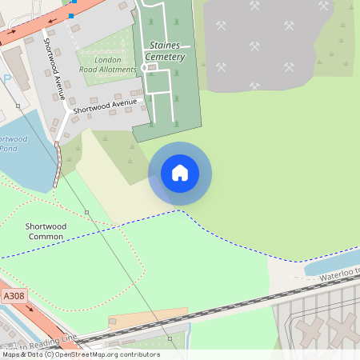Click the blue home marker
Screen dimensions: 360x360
[x=180, y=173]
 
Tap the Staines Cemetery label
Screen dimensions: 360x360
[x=166, y=52]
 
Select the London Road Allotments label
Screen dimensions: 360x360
[x=108, y=65]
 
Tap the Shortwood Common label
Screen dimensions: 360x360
[x=46, y=231]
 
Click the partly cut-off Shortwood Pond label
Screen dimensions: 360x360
[x=13, y=144]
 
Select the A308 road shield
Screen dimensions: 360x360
[x=14, y=296]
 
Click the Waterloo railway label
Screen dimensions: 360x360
[x=340, y=273]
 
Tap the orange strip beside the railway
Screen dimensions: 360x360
[x=148, y=317]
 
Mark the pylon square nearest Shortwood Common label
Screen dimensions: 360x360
[x=86, y=211]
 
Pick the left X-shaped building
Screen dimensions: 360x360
[x=308, y=330]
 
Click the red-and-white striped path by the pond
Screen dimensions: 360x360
[x=58, y=164]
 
